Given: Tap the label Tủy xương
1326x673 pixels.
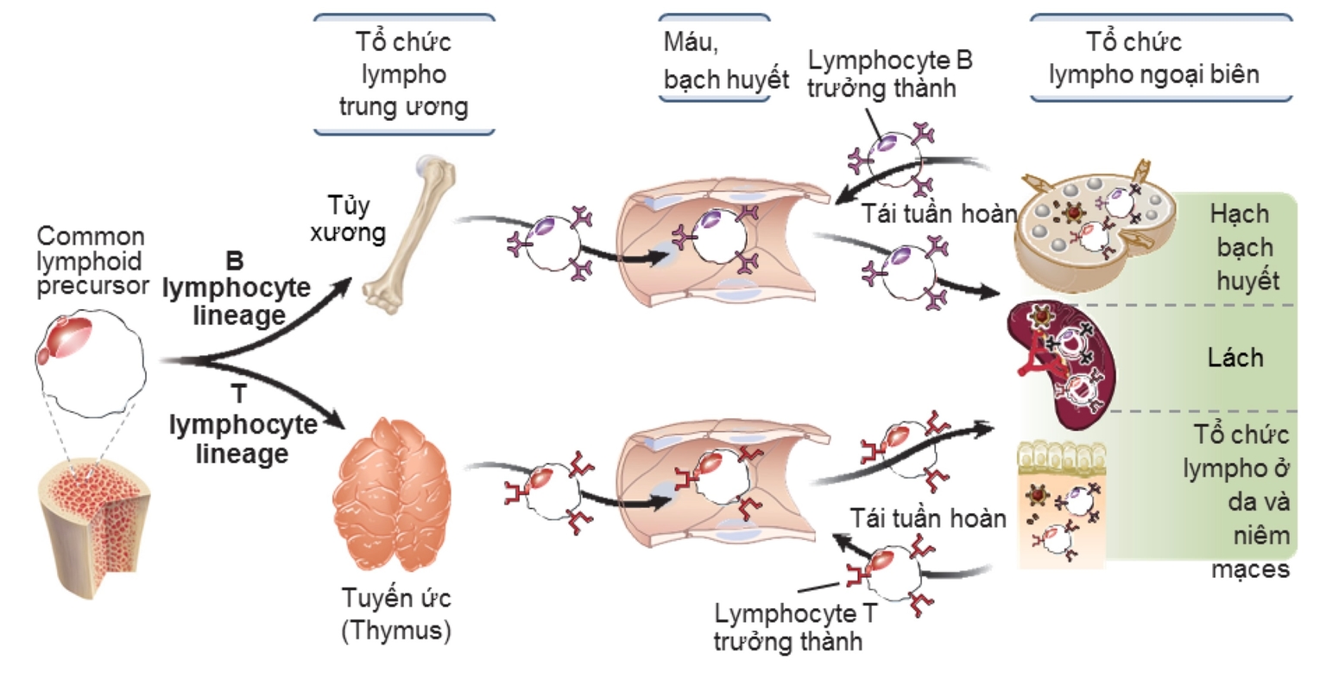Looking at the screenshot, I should point(349,219).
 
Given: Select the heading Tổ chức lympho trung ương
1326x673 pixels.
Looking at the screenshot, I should point(403,74).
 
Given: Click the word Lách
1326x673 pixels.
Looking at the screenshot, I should point(1235,358).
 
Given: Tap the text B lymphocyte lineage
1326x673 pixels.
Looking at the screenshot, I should point(236,289).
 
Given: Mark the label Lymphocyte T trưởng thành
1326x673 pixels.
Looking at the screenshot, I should point(789,626).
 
